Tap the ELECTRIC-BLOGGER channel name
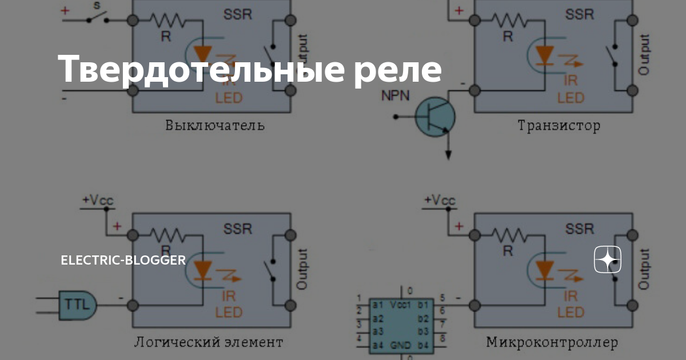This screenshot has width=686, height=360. pos(123,261)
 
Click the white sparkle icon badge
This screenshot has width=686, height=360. pos(608,261)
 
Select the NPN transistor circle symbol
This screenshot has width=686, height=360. pos(435,117)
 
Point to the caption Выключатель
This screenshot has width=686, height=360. pos(215,125)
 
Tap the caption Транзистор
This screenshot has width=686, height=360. pos(559,126)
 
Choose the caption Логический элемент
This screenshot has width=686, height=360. pos(208,342)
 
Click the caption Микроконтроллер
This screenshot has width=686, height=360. pos(552,342)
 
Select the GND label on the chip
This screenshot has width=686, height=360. pos(400,346)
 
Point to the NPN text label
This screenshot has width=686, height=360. pos(396,95)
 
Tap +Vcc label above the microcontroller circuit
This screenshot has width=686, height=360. pos(440,201)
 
